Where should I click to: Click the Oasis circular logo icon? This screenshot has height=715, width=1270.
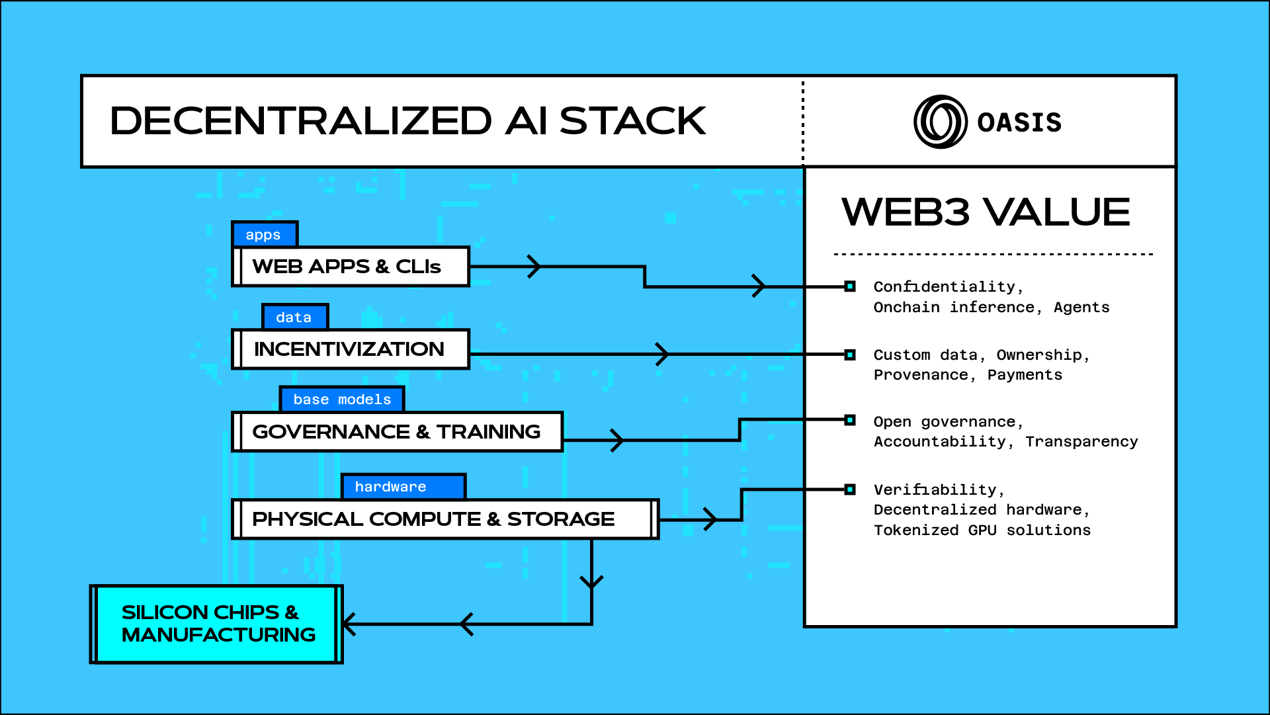pyautogui.click(x=940, y=122)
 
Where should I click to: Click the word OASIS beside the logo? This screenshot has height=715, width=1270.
pyautogui.click(x=1019, y=122)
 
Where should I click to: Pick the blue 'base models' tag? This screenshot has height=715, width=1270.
pyautogui.click(x=342, y=400)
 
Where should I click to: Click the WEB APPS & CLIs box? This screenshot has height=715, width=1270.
pyautogui.click(x=351, y=267)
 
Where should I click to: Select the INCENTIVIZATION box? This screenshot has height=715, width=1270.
pyautogui.click(x=351, y=349)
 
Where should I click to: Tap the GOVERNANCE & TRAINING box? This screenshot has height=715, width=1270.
pyautogui.click(x=397, y=432)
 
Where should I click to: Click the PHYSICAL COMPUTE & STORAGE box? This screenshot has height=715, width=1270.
pyautogui.click(x=444, y=519)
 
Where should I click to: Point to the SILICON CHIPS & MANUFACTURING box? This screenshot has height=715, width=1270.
pyautogui.click(x=216, y=624)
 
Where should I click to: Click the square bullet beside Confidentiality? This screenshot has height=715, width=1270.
pyautogui.click(x=850, y=286)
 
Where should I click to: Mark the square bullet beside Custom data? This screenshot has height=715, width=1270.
pyautogui.click(x=850, y=355)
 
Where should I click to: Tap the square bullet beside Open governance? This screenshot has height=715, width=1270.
pyautogui.click(x=850, y=420)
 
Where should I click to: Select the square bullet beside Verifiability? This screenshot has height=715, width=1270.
pyautogui.click(x=850, y=489)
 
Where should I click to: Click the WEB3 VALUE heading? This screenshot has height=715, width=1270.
pyautogui.click(x=986, y=212)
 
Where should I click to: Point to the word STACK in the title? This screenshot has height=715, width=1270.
pyautogui.click(x=632, y=121)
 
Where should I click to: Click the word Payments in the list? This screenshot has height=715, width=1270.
pyautogui.click(x=1025, y=375)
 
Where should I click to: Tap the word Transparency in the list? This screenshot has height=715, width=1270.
pyautogui.click(x=1081, y=442)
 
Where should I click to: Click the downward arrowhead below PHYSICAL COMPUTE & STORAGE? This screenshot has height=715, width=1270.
pyautogui.click(x=591, y=582)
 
